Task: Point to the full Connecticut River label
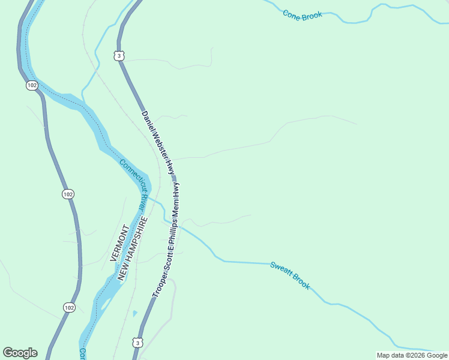133,184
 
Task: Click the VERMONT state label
118,242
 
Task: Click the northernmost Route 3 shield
119,56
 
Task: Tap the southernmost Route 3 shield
138,343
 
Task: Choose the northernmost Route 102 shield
32,85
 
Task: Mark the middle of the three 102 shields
68,194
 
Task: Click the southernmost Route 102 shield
69,307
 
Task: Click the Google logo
20,353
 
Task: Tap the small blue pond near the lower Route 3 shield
134,313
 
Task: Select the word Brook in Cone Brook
312,14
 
